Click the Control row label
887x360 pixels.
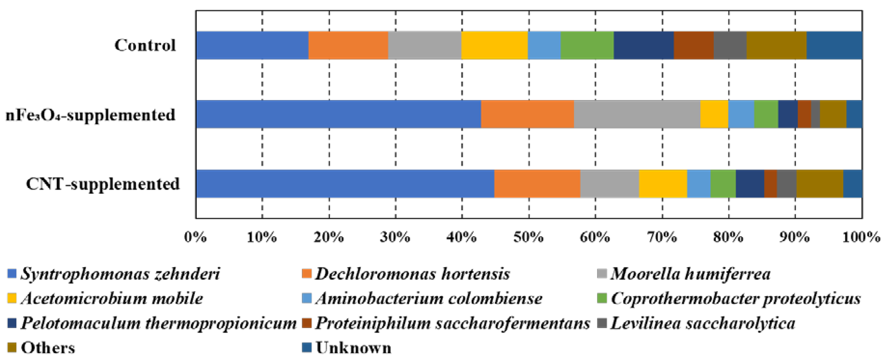pyautogui.click(x=145, y=45)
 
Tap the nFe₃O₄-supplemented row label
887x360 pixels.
pyautogui.click(x=91, y=115)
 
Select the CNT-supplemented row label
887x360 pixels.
pyautogui.click(x=103, y=184)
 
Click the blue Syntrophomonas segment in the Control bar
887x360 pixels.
pyautogui.click(x=252, y=45)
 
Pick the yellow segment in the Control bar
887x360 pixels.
pyautogui.click(x=494, y=45)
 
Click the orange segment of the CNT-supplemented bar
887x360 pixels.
pyautogui.click(x=537, y=184)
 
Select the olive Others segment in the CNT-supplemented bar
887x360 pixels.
pyautogui.click(x=819, y=184)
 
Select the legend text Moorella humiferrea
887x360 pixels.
pyautogui.click(x=690, y=274)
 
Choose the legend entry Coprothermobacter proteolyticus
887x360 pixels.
pyautogui.click(x=735, y=299)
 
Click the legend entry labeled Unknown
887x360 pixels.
pyautogui.click(x=353, y=348)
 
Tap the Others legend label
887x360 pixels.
pyautogui.click(x=48, y=348)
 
